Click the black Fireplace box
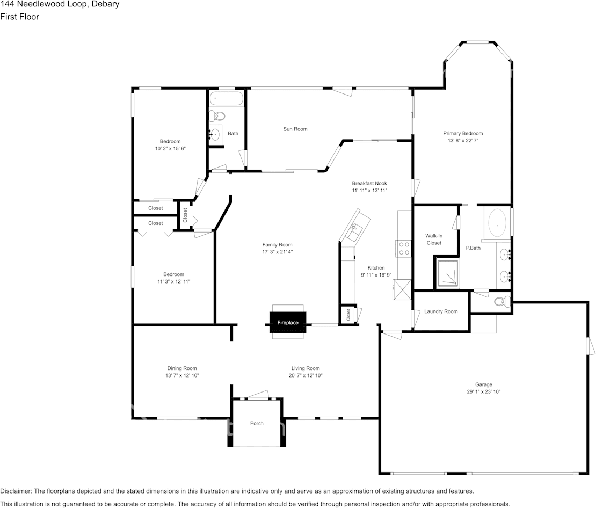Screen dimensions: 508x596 pyautogui.click(x=288, y=323)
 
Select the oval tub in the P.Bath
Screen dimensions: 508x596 pyautogui.click(x=497, y=223)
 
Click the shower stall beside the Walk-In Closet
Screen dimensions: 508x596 pyautogui.click(x=448, y=273)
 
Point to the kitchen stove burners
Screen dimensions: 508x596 pyautogui.click(x=403, y=248)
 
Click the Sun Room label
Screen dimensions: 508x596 pyautogui.click(x=295, y=129)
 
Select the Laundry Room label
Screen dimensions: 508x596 pyautogui.click(x=441, y=311)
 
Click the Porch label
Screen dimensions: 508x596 pyautogui.click(x=257, y=423)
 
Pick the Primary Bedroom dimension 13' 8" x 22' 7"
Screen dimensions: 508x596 pyautogui.click(x=463, y=141)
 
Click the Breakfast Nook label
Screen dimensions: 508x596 pyautogui.click(x=369, y=183)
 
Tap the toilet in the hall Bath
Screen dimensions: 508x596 pyautogui.click(x=218, y=115)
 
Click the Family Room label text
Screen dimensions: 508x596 pyautogui.click(x=277, y=245)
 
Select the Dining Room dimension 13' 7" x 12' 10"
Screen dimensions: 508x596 pyautogui.click(x=182, y=376)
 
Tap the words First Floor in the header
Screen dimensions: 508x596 pyautogui.click(x=19, y=17)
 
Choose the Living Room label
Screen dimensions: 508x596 pyautogui.click(x=306, y=368)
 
